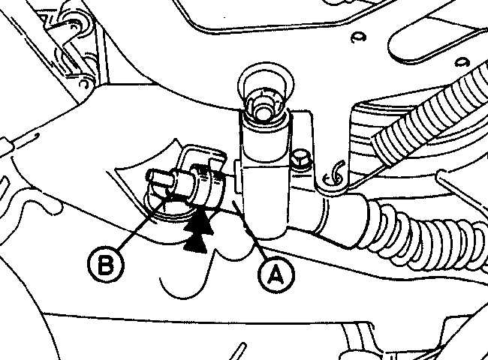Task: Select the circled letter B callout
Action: (106, 265)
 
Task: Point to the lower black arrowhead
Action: (195, 244)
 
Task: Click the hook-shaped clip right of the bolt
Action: (333, 175)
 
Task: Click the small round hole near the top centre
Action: (358, 37)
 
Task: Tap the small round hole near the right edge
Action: (462, 61)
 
